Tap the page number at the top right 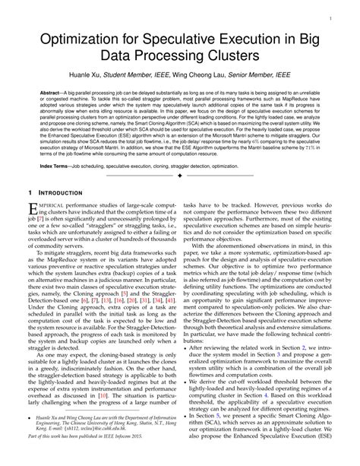(x=336, y=14)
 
